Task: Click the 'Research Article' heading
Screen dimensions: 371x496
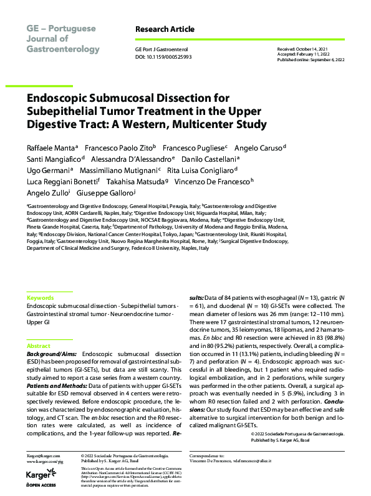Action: tap(165, 29)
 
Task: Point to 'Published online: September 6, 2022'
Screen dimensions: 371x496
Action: tap(311, 59)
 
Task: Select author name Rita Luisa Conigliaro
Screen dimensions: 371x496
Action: tap(200, 170)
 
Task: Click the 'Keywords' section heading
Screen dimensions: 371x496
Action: tap(41, 298)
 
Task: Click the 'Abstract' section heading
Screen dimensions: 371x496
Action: tap(39, 345)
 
